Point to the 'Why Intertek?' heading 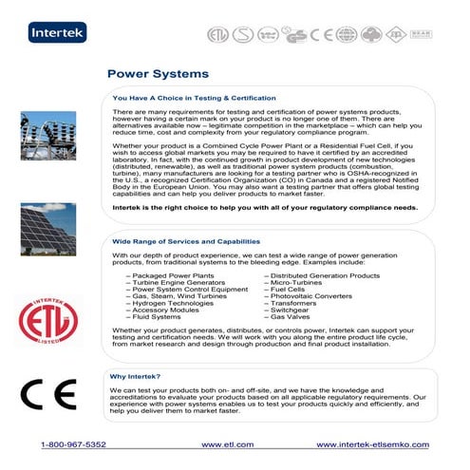click(x=134, y=376)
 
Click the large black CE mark click(x=43, y=393)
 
